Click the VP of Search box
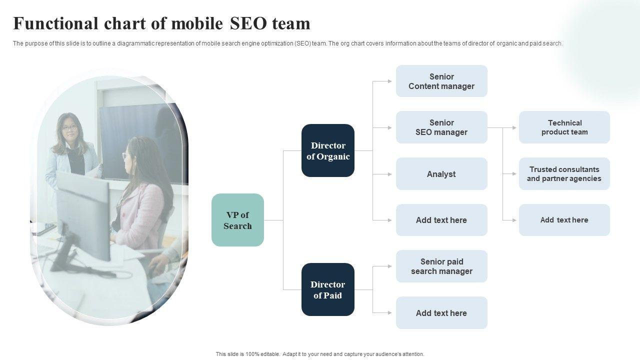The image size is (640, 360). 237,220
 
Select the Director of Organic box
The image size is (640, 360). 328,150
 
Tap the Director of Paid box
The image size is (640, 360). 328,289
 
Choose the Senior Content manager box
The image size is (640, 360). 441,81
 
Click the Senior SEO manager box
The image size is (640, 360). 441,127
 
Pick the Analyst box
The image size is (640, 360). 441,174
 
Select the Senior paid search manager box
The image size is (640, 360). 441,266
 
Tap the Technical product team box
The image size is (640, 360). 564,127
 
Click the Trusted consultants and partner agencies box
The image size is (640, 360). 564,174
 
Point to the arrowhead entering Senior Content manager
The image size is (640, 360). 389,81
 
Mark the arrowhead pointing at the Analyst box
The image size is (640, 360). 389,174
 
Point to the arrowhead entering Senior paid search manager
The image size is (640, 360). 389,266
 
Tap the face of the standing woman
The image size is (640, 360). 69,129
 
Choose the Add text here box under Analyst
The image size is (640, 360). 441,220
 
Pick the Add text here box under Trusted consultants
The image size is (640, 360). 564,220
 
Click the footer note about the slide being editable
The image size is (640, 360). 320,354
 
